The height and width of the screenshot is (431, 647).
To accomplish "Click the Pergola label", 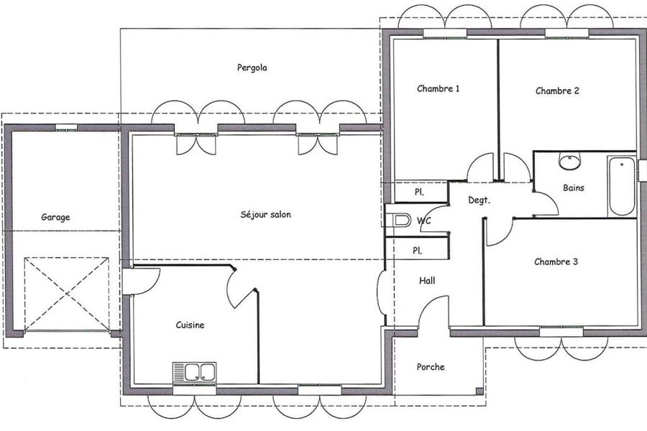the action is tap(252, 68).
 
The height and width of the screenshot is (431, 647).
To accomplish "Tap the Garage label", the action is tap(55, 218).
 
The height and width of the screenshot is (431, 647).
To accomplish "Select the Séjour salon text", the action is tap(266, 215).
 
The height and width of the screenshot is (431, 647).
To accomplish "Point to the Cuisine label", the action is tap(190, 325).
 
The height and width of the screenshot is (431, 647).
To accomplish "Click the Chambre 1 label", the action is tap(439, 88).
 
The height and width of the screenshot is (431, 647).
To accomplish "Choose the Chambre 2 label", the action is tap(557, 91).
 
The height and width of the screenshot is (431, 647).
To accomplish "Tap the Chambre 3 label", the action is tap(556, 262).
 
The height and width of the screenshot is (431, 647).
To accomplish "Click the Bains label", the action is tap(574, 188).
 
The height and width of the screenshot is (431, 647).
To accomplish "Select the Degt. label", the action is tap(479, 201).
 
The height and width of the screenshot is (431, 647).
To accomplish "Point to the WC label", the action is tap(423, 221).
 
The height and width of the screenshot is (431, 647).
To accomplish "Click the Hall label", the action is tap(427, 281).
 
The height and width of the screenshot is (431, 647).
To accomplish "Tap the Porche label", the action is tap(431, 367).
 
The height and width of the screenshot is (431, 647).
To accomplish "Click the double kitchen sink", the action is tap(194, 372).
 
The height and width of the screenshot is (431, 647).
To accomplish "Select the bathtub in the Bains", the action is tap(621, 186).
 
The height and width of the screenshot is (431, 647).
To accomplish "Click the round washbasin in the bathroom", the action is tap(569, 160).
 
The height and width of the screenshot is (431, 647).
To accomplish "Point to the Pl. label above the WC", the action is tap(419, 193).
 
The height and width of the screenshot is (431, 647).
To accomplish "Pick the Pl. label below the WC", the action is tap(417, 251).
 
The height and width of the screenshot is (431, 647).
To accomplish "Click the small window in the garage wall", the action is tap(66, 127).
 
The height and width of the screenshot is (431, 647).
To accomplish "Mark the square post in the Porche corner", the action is tap(479, 391).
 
